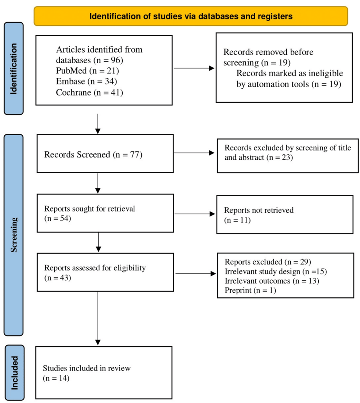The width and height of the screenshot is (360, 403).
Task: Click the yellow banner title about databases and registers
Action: click(x=191, y=16)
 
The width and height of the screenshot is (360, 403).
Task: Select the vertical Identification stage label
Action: click(x=14, y=69)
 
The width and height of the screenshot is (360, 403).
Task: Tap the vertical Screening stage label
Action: click(x=14, y=235)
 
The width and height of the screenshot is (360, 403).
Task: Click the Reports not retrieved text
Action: click(x=258, y=210)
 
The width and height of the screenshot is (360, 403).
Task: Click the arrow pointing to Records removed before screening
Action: click(x=194, y=68)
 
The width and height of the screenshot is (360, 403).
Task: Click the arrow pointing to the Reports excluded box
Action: click(x=195, y=273)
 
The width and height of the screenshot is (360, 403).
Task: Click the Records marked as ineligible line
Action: click(x=290, y=73)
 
